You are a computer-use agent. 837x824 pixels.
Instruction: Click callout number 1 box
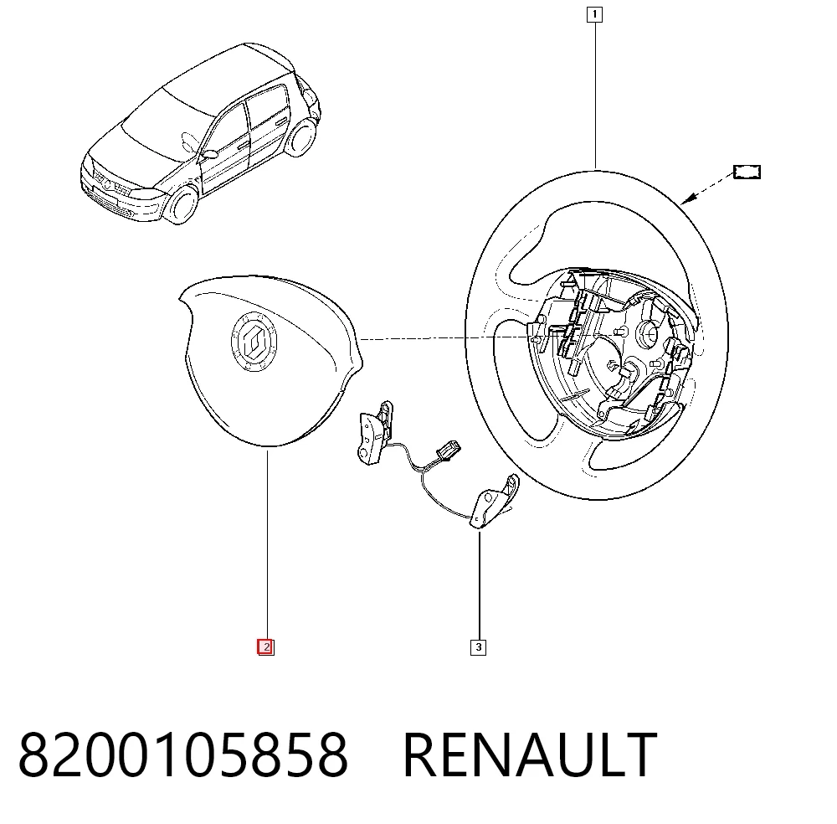[x=594, y=14]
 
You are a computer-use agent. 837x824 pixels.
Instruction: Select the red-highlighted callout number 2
[x=266, y=647]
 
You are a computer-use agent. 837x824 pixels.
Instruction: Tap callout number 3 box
[x=478, y=647]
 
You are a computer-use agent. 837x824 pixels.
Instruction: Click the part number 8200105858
[x=183, y=754]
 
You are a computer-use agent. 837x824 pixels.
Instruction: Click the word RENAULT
[x=530, y=754]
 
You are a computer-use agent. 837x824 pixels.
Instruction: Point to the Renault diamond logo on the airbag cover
[x=254, y=341]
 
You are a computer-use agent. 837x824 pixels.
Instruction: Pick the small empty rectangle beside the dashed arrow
[x=747, y=172]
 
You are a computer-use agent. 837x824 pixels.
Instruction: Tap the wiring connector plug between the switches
[x=447, y=449]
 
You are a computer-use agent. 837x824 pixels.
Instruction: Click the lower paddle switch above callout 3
[x=494, y=501]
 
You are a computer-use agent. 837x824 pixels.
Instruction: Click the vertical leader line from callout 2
[x=267, y=544]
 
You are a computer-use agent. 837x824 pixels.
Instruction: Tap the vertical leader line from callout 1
[x=594, y=96]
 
